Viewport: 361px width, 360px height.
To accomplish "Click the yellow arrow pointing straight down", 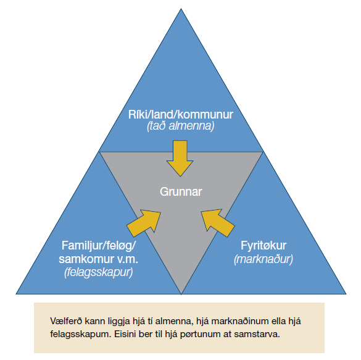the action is click(x=180, y=159).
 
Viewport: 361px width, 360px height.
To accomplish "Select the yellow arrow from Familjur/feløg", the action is click(x=144, y=222).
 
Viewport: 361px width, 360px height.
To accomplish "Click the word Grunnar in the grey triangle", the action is click(x=181, y=191).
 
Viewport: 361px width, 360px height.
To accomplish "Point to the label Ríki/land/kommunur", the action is click(x=180, y=114).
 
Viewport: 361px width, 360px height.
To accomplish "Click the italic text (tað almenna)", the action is click(x=180, y=126).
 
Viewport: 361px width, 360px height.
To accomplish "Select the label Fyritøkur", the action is click(x=263, y=246).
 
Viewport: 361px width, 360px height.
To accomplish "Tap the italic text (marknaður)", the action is click(x=263, y=259).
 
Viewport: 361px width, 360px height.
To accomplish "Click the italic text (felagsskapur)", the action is click(x=99, y=272).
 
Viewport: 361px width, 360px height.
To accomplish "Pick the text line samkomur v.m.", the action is click(x=98, y=259).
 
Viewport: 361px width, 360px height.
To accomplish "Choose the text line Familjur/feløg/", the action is click(x=99, y=246).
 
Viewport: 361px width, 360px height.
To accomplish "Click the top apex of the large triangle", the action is click(x=181, y=9).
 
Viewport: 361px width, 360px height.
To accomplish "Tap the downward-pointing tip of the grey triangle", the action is click(x=181, y=294).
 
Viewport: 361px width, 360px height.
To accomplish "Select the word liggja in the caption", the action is click(x=118, y=322).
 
